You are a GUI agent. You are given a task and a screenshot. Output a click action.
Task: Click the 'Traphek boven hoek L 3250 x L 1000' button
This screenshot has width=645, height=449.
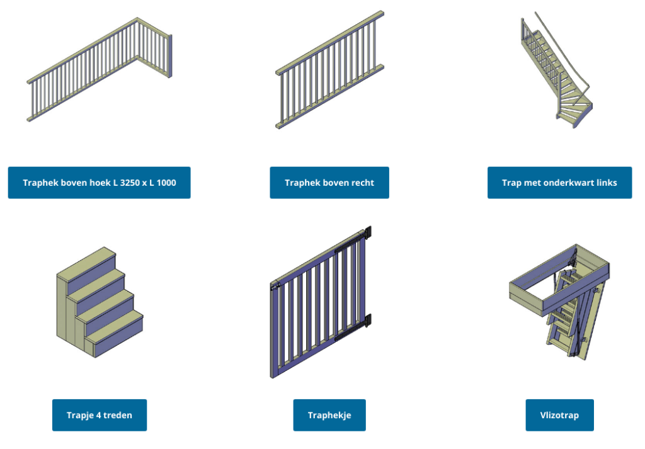tap(99, 183)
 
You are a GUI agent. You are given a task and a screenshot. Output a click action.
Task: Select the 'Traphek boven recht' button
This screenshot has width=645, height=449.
tap(329, 183)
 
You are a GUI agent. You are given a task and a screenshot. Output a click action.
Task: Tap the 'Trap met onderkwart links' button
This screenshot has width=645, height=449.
tap(559, 183)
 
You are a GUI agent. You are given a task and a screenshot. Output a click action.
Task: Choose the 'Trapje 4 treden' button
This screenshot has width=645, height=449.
tap(100, 415)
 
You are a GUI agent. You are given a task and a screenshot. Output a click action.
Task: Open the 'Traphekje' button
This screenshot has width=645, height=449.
tap(329, 415)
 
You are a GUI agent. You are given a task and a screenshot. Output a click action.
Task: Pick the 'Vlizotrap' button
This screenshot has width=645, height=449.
tap(559, 415)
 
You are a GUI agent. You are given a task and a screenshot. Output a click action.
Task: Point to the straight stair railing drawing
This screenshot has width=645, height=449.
tap(329, 70)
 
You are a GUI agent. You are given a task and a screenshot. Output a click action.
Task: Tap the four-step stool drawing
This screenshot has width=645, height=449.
tap(100, 302)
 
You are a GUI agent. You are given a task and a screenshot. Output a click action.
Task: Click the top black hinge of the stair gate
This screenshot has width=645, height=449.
tap(368, 232)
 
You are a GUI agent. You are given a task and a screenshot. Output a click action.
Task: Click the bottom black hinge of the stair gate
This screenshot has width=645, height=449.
tap(368, 321)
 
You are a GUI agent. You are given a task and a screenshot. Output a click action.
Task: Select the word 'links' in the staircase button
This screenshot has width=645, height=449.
tap(607, 183)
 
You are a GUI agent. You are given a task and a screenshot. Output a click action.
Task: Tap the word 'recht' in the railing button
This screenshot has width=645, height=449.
tap(362, 183)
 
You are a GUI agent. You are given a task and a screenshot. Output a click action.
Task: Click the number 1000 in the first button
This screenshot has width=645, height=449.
tap(166, 183)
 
